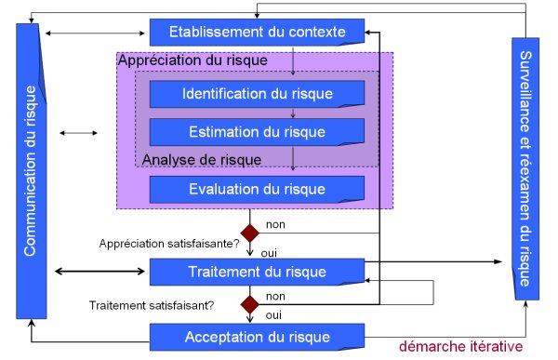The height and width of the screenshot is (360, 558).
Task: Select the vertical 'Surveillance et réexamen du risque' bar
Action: click(526, 167)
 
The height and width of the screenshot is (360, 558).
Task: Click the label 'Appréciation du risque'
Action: click(193, 60)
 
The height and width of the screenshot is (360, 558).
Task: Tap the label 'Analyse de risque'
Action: click(201, 160)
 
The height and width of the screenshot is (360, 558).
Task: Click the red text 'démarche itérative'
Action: click(459, 347)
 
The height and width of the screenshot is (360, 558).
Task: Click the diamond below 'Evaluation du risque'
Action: click(249, 232)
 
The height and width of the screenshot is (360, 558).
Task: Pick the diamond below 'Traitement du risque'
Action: click(249, 304)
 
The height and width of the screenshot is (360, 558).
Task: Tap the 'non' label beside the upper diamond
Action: click(275, 225)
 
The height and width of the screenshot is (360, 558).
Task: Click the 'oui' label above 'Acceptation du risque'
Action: click(274, 314)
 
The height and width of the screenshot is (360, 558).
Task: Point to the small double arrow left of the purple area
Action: click(77, 133)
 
